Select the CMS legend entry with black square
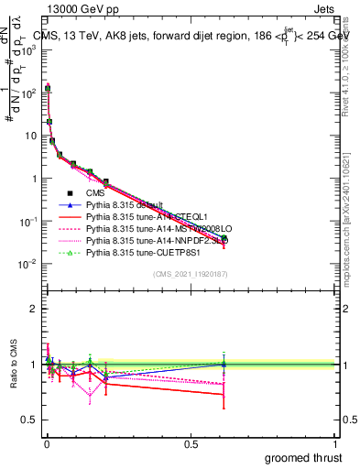tap(97, 193)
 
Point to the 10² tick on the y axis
tap(32, 93)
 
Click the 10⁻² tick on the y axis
tap(32, 264)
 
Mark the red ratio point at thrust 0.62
tap(224, 395)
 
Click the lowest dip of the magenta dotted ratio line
tap(90, 399)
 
